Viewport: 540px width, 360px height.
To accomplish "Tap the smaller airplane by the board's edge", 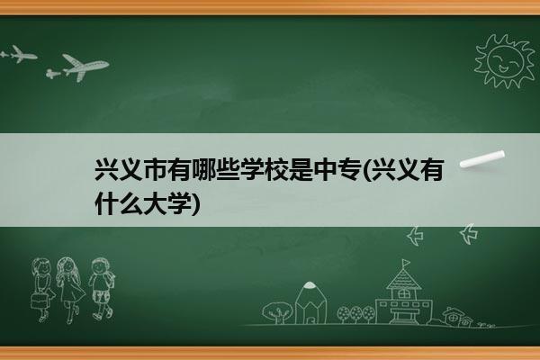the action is (x=19, y=54).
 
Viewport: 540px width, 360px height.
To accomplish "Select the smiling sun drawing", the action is (x=504, y=62).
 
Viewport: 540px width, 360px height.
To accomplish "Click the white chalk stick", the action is (x=482, y=159).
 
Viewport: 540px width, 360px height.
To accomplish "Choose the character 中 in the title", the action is (x=327, y=169).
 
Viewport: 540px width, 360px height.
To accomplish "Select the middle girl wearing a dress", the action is (x=70, y=290).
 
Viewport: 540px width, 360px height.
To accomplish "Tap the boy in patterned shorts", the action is (x=101, y=289).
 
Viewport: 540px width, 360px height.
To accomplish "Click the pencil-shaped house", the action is (x=310, y=303).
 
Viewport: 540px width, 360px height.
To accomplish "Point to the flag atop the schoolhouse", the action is (x=407, y=263).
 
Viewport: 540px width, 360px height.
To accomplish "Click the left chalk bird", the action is (x=415, y=236).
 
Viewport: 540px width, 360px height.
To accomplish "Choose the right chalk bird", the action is (x=469, y=234).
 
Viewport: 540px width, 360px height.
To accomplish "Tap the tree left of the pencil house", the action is (x=277, y=312).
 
